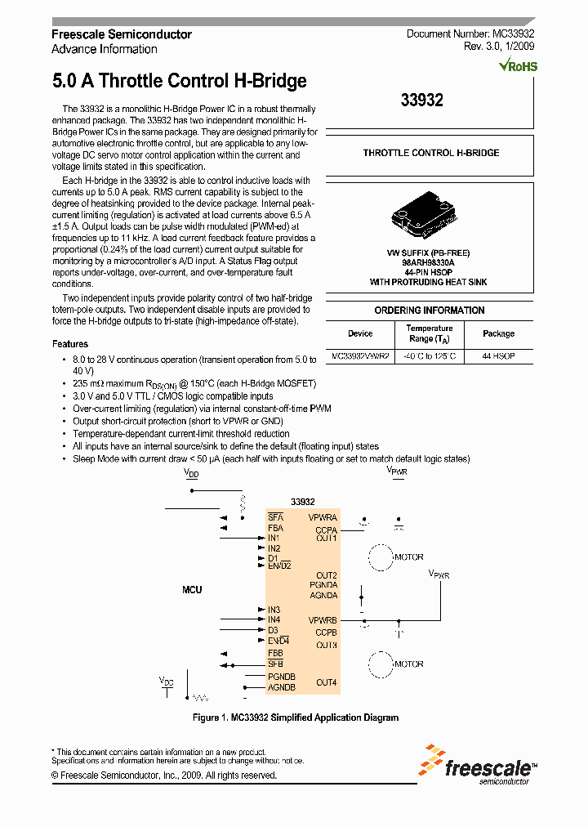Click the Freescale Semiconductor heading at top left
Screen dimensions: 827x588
pos(122,34)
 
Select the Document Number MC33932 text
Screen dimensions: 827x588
pos(470,34)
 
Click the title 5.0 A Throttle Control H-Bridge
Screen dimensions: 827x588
pos(179,81)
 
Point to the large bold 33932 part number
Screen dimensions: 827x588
pos(422,101)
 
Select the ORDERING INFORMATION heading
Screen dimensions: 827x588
pos(430,311)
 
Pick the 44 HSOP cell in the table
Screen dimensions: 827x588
pos(498,357)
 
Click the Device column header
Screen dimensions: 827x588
pos(360,333)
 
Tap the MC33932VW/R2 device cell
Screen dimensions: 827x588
pos(360,357)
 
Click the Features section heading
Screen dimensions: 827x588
pos(70,344)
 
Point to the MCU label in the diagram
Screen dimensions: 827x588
pos(192,589)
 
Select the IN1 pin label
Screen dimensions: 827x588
pos(274,538)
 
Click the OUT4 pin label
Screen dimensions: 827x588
pos(327,682)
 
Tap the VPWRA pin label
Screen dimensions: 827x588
pos(323,517)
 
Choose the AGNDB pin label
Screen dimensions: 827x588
pos(282,687)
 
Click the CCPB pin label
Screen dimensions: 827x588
pos(327,632)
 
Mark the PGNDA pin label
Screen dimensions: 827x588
pos(323,585)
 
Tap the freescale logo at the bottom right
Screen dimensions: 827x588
pos(479,766)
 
